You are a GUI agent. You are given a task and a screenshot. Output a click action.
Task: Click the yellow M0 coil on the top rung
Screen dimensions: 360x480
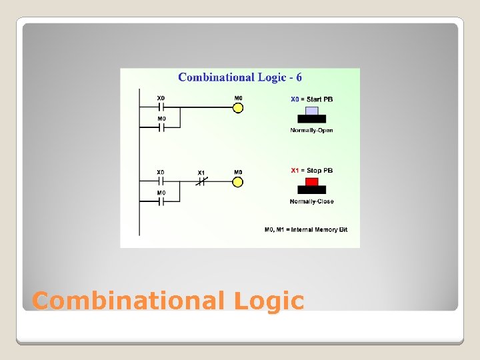point(238,107)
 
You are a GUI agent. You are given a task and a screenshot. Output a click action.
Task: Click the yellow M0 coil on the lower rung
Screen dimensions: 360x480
point(238,181)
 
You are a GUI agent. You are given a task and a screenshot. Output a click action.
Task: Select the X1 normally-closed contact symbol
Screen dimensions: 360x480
point(201,181)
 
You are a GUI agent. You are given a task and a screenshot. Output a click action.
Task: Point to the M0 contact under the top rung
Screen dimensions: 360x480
point(161,127)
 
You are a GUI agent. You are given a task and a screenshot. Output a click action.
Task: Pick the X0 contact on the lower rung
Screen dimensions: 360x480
point(161,181)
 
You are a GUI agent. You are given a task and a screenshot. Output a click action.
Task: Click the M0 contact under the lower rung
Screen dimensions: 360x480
point(161,201)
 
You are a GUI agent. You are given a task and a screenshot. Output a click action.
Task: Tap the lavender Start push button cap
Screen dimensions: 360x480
point(311,111)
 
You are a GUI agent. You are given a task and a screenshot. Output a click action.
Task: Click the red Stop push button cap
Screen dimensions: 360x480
point(311,181)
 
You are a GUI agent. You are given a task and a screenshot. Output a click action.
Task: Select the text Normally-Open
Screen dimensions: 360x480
point(311,130)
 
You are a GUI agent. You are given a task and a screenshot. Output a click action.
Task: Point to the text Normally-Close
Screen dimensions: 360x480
point(311,201)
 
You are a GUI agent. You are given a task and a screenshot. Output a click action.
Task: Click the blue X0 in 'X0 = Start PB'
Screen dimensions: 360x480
point(295,99)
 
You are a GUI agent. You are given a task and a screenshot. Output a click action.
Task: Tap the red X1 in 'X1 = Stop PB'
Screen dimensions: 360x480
point(295,171)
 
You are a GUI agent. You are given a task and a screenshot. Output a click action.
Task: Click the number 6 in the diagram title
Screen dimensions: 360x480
point(299,77)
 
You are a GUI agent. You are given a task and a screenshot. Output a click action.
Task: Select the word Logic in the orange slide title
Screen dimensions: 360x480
point(269,301)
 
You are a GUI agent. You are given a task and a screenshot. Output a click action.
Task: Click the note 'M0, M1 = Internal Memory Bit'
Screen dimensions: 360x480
point(305,230)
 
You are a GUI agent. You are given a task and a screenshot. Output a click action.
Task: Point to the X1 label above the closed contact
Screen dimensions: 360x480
point(201,173)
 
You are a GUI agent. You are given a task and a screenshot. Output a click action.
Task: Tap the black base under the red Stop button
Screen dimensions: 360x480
point(311,189)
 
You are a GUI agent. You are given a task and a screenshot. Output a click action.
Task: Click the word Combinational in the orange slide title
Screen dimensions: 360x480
point(129,301)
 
